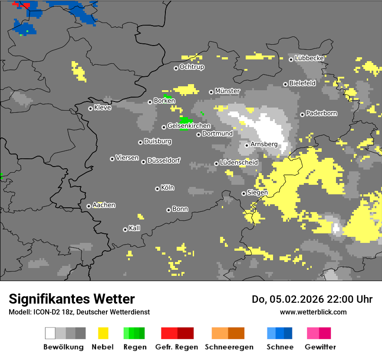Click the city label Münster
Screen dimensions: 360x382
[227, 91]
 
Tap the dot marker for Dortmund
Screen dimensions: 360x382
[198, 134]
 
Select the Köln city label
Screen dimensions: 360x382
[168, 188]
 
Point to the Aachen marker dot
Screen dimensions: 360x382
[89, 206]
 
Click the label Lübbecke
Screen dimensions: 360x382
[309, 58]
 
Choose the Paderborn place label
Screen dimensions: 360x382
[321, 114]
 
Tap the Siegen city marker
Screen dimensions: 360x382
[244, 193]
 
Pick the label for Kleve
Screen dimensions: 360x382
[102, 108]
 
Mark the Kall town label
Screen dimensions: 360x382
[135, 228]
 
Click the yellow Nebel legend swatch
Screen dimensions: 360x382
[103, 333]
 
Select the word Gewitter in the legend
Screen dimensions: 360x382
[320, 347]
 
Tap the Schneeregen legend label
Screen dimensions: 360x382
[229, 347]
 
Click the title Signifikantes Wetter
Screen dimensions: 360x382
[72, 299]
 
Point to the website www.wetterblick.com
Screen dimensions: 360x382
[313, 312]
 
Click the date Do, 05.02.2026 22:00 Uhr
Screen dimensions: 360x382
[312, 299]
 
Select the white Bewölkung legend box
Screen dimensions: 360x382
[50, 333]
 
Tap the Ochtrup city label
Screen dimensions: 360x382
[192, 67]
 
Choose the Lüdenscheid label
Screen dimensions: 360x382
[239, 163]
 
